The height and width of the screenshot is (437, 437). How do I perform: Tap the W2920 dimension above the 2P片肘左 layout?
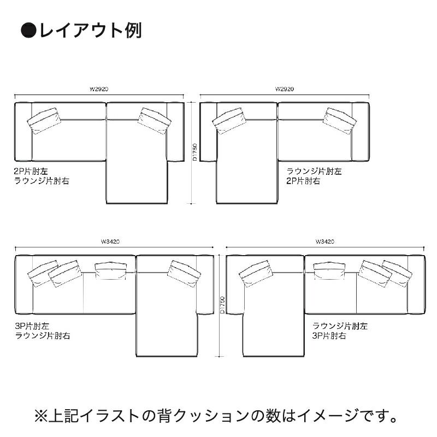(x=98, y=88)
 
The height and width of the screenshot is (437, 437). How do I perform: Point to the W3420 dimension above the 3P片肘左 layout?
(x=110, y=241)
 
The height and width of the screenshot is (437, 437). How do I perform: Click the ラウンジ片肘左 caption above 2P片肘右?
(x=314, y=171)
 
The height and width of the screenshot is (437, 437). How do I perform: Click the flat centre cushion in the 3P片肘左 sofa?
(x=113, y=269)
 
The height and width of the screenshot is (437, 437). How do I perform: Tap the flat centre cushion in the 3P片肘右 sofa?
(x=330, y=269)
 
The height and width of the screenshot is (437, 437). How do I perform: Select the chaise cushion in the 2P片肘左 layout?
(x=155, y=120)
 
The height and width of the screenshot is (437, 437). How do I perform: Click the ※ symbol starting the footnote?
(x=42, y=417)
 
